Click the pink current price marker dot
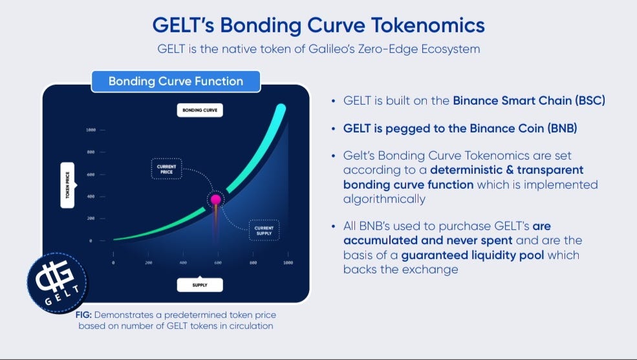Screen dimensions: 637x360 216,199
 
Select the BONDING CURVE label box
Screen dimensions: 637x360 200,110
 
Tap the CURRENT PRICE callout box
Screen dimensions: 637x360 167,169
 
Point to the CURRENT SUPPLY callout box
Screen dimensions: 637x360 264,230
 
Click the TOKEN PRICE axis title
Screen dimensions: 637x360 68,185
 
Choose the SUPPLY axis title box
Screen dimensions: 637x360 200,285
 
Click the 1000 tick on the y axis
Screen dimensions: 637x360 91,130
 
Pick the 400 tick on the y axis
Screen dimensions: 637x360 91,196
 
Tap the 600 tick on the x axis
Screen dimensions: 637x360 218,262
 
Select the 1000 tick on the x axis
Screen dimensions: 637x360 288,262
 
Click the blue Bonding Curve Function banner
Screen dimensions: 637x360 176,81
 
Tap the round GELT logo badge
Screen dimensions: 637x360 57,283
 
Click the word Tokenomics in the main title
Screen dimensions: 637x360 428,25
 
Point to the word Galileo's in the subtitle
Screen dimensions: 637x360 331,49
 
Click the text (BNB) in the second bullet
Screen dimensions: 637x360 562,129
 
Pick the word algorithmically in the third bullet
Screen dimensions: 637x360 384,199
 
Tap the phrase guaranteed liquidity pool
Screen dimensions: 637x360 473,255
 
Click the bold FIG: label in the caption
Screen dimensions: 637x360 83,315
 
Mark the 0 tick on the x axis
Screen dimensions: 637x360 113,262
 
